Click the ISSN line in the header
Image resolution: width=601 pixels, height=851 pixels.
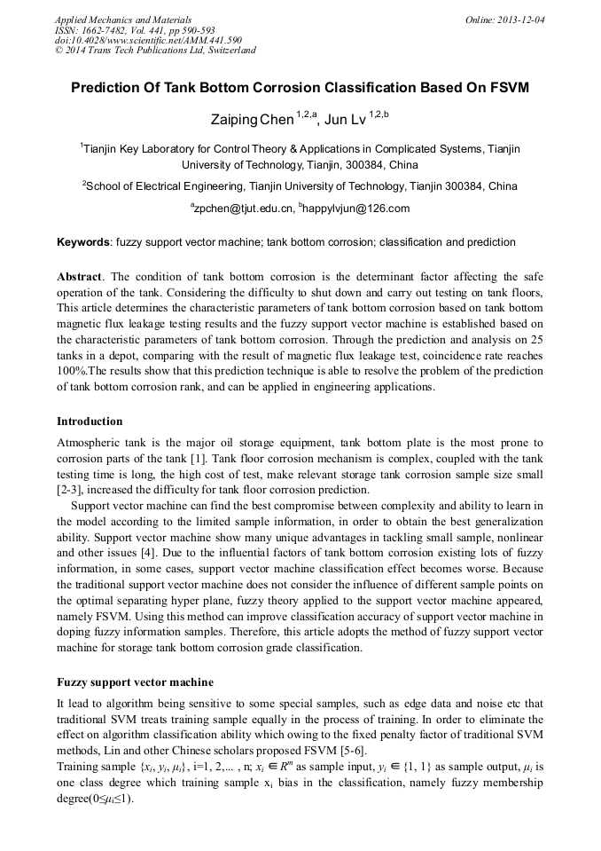135,29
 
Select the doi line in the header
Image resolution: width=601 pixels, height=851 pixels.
148,40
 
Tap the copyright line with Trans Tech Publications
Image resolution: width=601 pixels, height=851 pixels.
155,51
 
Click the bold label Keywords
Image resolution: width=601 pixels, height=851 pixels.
83,242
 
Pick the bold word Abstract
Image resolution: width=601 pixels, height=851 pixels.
79,276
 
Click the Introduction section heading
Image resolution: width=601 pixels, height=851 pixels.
90,421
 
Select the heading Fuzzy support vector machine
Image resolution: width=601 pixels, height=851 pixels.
135,682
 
